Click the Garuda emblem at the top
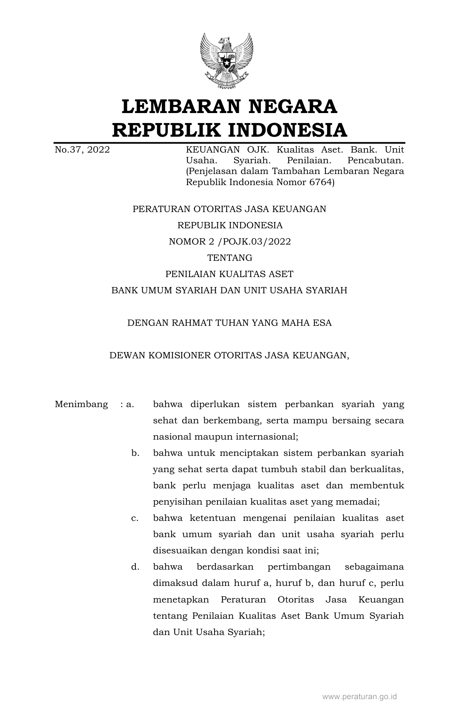pyautogui.click(x=226, y=61)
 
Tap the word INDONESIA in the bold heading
pyautogui.click(x=287, y=130)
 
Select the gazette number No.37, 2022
pyautogui.click(x=82, y=150)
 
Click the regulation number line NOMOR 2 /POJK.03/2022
pyautogui.click(x=230, y=242)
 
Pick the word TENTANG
pyautogui.click(x=230, y=258)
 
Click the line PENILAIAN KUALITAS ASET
pyautogui.click(x=229, y=274)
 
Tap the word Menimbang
pyautogui.click(x=81, y=404)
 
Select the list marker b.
pyautogui.click(x=135, y=453)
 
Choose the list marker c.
pyautogui.click(x=135, y=518)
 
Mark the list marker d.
pyautogui.click(x=135, y=567)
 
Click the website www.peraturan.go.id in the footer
pyautogui.click(x=360, y=697)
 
